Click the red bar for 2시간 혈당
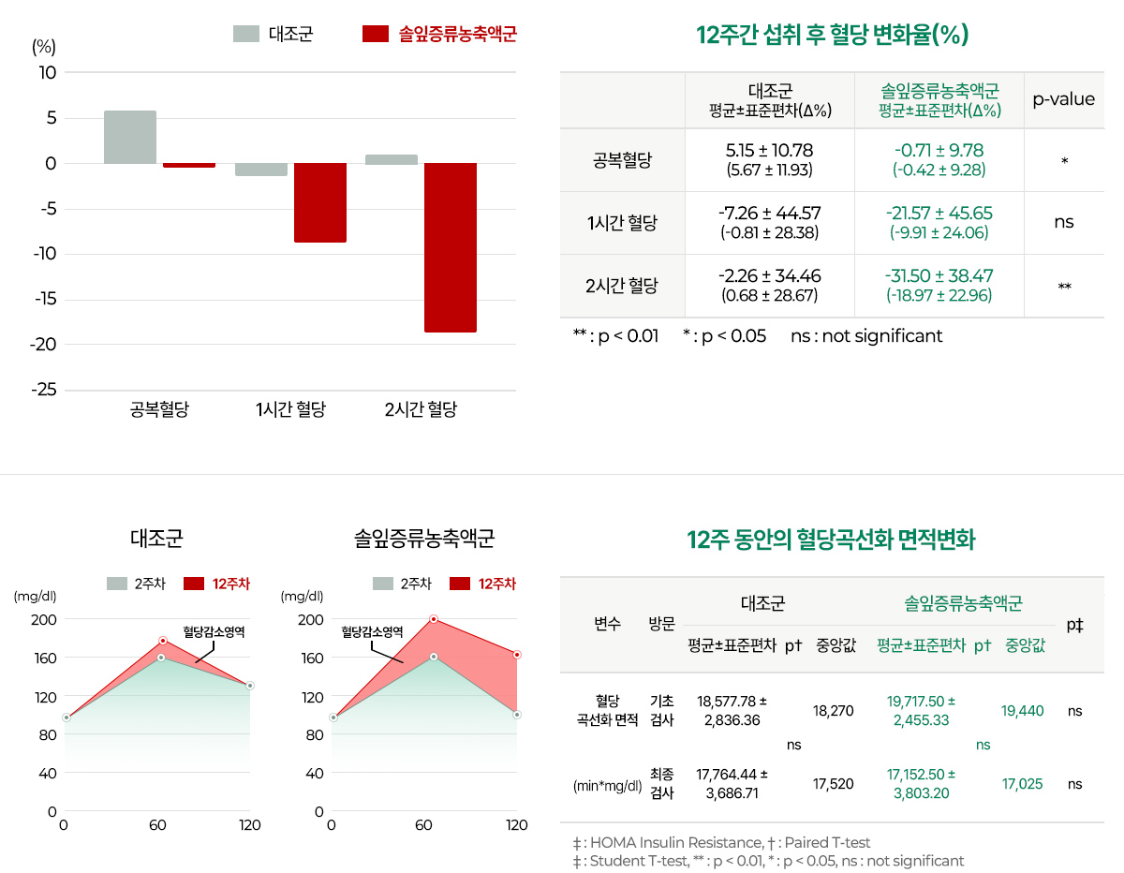(x=450, y=247)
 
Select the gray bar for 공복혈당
(x=130, y=138)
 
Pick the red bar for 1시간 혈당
(x=320, y=202)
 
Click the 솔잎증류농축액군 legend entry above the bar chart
(x=440, y=35)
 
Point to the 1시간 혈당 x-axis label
(x=290, y=409)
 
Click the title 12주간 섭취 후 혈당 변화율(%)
(x=832, y=36)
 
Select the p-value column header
(x=1063, y=99)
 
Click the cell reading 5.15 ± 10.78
(x=769, y=151)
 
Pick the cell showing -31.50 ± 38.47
(x=939, y=276)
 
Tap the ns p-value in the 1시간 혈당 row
(x=1063, y=223)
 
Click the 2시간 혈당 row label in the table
(x=622, y=286)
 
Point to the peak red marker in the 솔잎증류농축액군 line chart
(x=434, y=619)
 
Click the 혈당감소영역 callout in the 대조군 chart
(x=214, y=632)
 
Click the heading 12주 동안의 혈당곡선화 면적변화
(x=831, y=540)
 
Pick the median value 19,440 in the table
(x=1022, y=711)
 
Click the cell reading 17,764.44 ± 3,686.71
(x=732, y=783)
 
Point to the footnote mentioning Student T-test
(x=768, y=861)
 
